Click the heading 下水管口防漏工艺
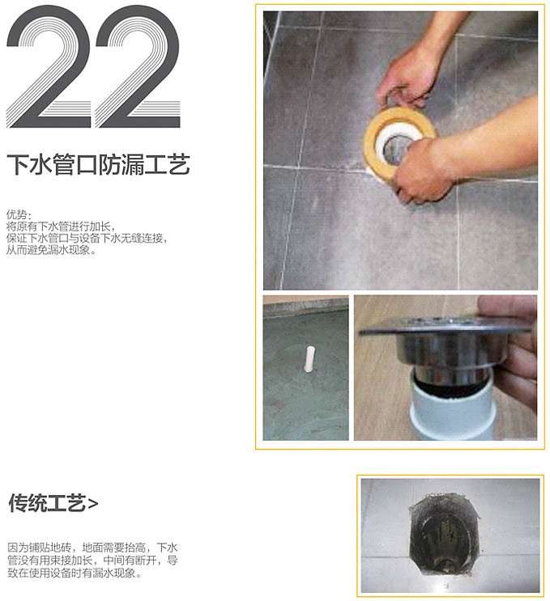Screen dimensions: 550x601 pos(98,164)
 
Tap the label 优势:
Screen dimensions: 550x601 pos(19,214)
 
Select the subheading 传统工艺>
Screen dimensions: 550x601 pos(53,503)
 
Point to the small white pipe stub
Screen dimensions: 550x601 pos(309,359)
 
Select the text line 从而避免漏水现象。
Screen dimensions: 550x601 pos(51,250)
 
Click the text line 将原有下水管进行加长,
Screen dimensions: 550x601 pos(61,226)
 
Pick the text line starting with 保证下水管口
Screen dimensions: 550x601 pos(87,238)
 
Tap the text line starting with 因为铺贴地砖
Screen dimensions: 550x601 pos(92,548)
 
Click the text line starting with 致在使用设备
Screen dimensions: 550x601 pos(75,573)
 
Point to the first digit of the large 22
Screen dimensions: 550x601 pos(49,66)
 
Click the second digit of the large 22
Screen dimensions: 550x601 pos(138,66)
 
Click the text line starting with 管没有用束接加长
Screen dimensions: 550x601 pos(92,560)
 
